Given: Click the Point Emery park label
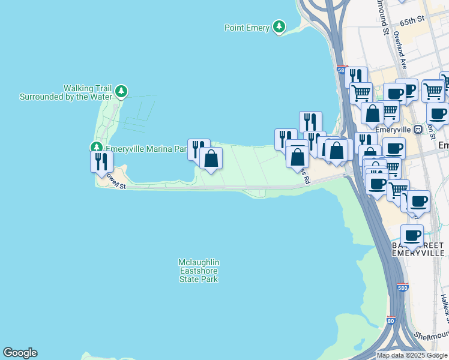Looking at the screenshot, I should tap(246, 28).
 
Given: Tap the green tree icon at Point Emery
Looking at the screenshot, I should tap(279, 26).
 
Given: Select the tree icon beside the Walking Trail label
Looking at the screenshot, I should tap(122, 91).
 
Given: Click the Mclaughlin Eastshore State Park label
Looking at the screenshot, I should tap(199, 271).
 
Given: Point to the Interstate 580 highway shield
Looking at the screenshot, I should tap(403, 287).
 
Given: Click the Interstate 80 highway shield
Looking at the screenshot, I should tap(391, 321).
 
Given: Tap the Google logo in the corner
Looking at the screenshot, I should tap(20, 353).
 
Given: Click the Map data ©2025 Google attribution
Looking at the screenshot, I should tap(412, 355).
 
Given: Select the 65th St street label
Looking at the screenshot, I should tap(412, 20).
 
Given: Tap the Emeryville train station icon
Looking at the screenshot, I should tap(418, 129).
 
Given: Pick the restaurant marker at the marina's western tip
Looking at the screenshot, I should tap(101, 161).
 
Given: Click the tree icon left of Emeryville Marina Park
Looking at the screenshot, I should tap(96, 147).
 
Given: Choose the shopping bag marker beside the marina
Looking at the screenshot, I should tap(211, 158).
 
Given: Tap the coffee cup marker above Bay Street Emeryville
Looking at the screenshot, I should tap(412, 235).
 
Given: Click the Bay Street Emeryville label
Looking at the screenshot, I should tap(418, 249).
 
